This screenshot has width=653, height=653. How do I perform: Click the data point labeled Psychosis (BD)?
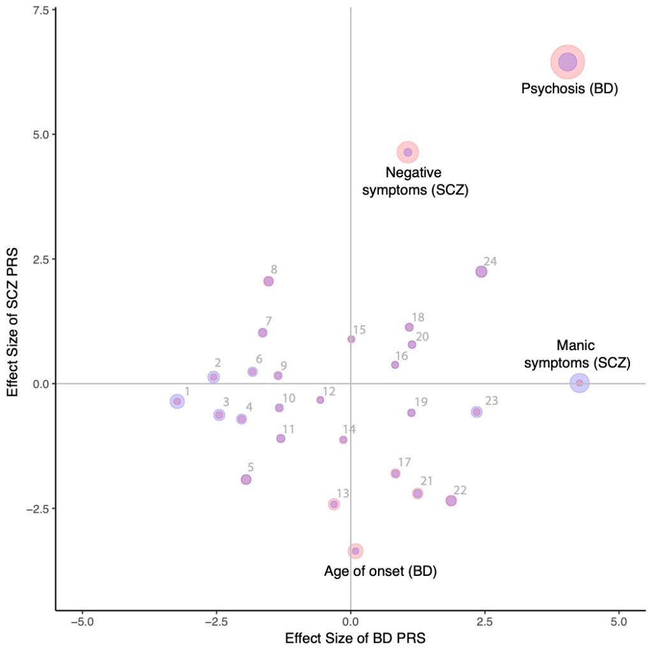coord(568,62)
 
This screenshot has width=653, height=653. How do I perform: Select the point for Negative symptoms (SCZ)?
coord(407,152)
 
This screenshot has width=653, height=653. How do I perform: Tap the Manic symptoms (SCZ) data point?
coord(579,383)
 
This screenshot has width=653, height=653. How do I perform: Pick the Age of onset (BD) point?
coord(355,551)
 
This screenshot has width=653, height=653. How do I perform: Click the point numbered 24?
coord(481,272)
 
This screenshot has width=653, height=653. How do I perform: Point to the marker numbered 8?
coord(268,281)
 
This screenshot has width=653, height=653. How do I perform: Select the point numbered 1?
coord(177,401)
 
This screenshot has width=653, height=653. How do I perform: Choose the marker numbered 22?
coord(451,501)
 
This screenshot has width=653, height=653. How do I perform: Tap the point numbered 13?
coord(334,504)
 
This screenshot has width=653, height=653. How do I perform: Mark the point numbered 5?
coord(246,480)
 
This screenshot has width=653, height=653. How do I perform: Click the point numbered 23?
coord(476,412)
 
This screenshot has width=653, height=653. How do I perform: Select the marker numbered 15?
coord(351,339)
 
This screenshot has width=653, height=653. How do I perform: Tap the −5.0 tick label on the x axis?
coord(82,619)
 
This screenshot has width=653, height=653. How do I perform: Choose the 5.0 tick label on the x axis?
coord(619,619)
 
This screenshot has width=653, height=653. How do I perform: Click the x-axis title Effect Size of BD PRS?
coord(351,638)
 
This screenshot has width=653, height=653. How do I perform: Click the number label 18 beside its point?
coord(418,318)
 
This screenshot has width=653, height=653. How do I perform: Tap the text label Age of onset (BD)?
coord(380,571)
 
